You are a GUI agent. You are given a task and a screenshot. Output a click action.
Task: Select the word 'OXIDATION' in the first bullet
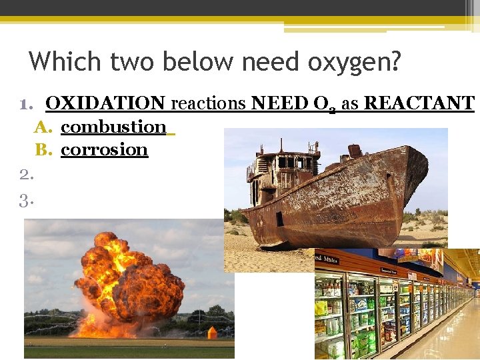click(x=105, y=104)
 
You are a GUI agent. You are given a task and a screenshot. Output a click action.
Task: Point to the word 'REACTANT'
click(x=419, y=104)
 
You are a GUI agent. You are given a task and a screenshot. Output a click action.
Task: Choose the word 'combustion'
click(x=113, y=127)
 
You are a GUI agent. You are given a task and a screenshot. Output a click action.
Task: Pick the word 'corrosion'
click(x=104, y=149)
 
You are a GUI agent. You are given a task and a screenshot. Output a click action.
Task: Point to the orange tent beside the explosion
click(x=212, y=331)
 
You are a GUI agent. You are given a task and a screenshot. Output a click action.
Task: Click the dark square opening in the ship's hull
click(x=279, y=219)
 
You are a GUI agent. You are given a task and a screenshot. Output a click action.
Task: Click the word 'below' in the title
click(x=200, y=62)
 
